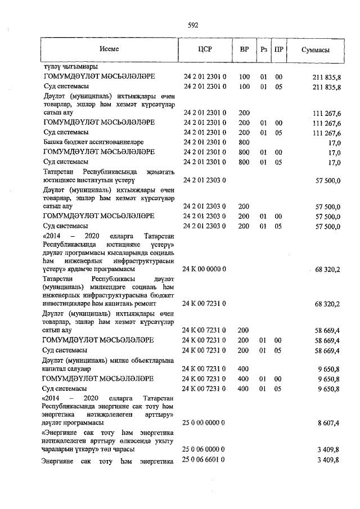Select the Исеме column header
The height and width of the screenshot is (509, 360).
tap(109, 49)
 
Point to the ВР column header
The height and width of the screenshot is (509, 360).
tap(244, 49)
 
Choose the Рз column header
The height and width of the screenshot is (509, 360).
tap(263, 49)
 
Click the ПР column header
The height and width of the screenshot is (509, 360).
tap(278, 49)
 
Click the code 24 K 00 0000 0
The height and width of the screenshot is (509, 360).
tap(205, 269)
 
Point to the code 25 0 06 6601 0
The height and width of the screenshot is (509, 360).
tap(205, 461)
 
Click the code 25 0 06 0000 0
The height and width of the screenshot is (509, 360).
tap(205, 450)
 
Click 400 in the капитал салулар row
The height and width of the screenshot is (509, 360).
tap(244, 369)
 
